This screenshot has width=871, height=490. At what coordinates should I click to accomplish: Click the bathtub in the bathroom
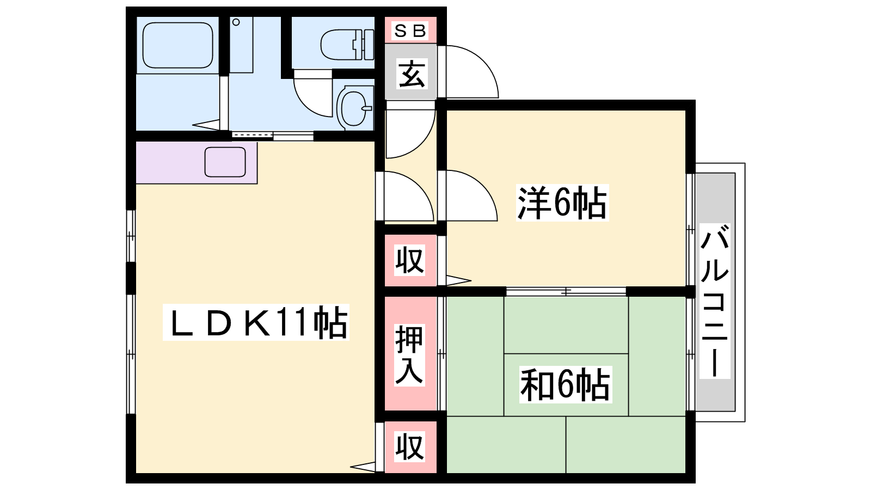(x=177, y=45)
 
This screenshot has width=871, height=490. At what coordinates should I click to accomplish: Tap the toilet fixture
(x=347, y=45)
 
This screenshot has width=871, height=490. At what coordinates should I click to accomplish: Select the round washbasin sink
(x=354, y=108)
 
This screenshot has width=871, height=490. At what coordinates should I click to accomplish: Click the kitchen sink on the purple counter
(x=225, y=162)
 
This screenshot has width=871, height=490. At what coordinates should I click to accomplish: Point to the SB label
(x=410, y=30)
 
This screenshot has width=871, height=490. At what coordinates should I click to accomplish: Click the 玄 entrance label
(x=412, y=74)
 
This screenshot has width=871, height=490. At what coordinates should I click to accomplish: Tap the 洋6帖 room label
(x=562, y=203)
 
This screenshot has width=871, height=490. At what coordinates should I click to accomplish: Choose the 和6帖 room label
(x=566, y=384)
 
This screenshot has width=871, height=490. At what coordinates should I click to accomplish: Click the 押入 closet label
(x=409, y=354)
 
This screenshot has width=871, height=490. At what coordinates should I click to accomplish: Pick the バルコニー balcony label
(x=715, y=301)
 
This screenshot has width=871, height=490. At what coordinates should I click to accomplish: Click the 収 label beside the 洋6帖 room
(x=409, y=260)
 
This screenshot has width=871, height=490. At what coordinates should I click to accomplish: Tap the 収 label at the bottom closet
(x=409, y=446)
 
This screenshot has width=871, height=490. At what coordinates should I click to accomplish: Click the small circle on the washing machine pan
(x=236, y=22)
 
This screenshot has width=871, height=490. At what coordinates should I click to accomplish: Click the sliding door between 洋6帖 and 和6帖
(x=566, y=291)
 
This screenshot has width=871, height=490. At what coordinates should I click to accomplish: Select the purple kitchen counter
(x=197, y=163)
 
